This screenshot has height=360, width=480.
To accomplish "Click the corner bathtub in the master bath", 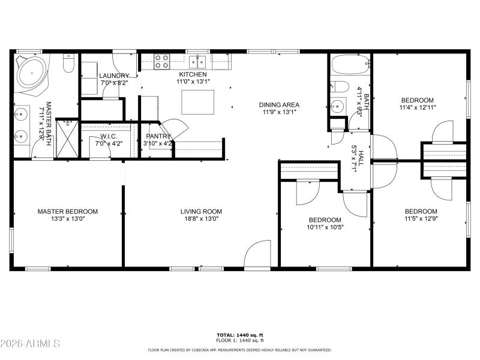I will click(x=32, y=74).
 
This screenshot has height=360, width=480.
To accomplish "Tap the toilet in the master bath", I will click(x=68, y=64).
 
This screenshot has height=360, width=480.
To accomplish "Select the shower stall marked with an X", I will click(x=67, y=139).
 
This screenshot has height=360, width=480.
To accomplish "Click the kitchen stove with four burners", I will click(x=161, y=61).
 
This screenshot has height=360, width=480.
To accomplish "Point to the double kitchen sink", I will click(x=197, y=61).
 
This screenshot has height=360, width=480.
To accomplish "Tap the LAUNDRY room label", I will click(x=113, y=76).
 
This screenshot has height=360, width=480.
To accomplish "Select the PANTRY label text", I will click(x=159, y=136).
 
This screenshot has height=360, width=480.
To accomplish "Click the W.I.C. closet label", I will click(x=108, y=136).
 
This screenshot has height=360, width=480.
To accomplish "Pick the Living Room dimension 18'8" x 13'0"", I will click(x=201, y=219).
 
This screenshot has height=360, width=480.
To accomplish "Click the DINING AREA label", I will click(x=280, y=104).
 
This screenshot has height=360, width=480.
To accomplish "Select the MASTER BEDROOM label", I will click(x=67, y=211).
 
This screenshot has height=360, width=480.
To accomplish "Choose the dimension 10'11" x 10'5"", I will click(x=325, y=227).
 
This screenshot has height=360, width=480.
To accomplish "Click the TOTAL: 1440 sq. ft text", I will click(x=239, y=335).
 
